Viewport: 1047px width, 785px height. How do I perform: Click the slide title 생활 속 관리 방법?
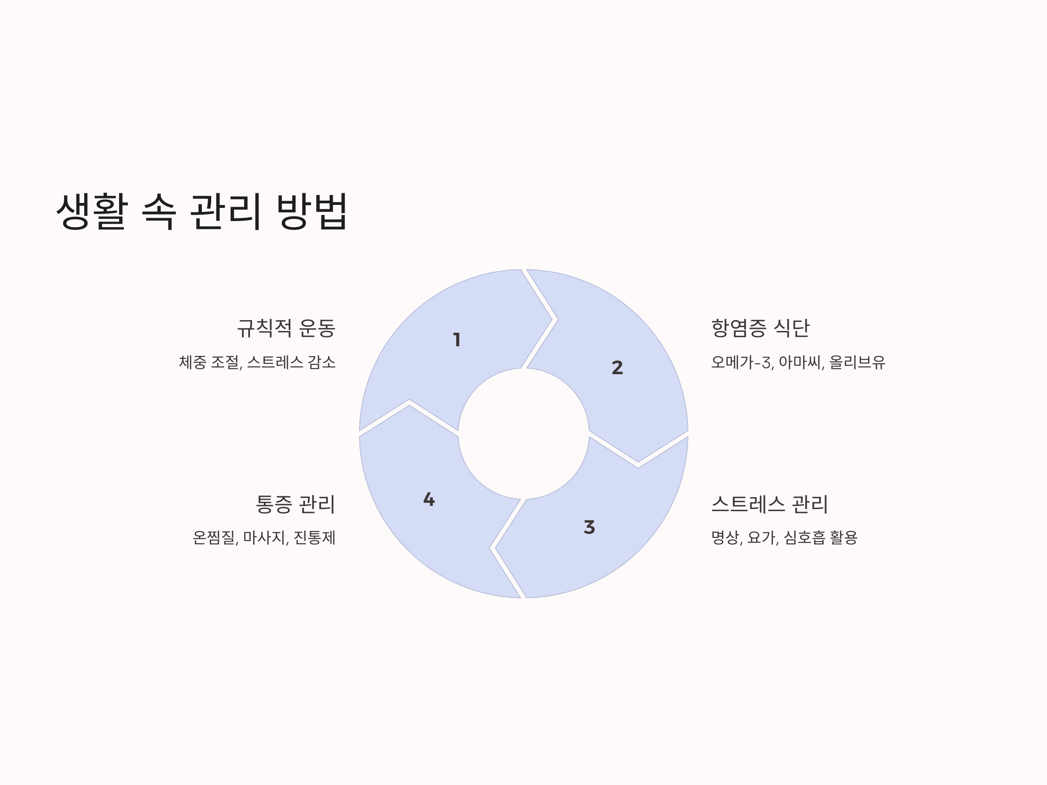click(202, 212)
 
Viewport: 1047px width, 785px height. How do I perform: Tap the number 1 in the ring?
click(457, 340)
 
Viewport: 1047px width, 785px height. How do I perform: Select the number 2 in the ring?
click(617, 368)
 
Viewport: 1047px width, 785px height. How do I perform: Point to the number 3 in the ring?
click(589, 527)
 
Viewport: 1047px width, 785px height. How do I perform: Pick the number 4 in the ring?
click(429, 499)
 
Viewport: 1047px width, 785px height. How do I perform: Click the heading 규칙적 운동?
click(286, 328)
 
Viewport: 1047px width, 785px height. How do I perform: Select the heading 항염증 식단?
click(760, 328)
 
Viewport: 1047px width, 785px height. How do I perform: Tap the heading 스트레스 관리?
click(770, 505)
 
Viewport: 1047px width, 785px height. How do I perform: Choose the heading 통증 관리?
click(295, 505)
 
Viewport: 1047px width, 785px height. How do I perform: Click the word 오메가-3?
click(742, 363)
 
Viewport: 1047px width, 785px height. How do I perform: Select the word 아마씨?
click(801, 363)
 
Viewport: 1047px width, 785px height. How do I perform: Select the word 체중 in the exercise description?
click(192, 363)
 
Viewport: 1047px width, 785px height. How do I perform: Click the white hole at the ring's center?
click(523, 433)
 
